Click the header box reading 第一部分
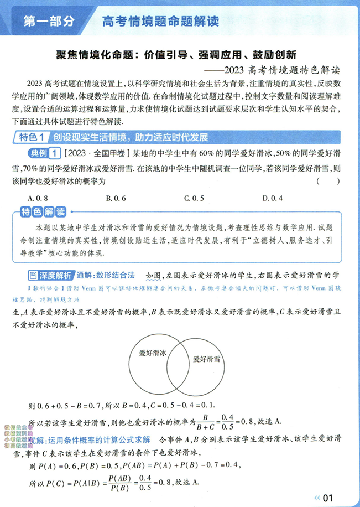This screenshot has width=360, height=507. click(49, 22)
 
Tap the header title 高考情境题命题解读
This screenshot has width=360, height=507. click(160, 22)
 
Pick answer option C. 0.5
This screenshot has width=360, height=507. click(194, 198)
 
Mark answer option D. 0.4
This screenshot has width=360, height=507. click(273, 198)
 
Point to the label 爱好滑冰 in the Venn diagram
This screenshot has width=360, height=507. click(153, 353)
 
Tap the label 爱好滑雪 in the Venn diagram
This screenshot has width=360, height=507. click(206, 359)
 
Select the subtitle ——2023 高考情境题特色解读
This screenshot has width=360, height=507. click(279, 70)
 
